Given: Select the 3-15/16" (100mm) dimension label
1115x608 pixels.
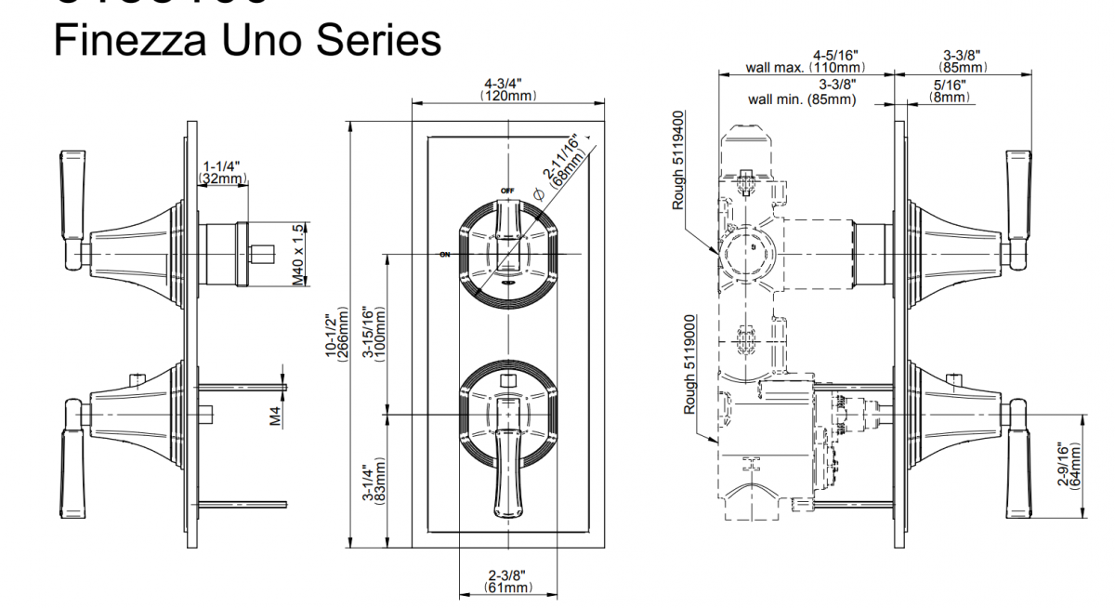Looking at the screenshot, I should [x=375, y=333].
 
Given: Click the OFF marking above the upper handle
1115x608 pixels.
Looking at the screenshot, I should [x=507, y=191].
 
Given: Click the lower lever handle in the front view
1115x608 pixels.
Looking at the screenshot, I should [x=506, y=465].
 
